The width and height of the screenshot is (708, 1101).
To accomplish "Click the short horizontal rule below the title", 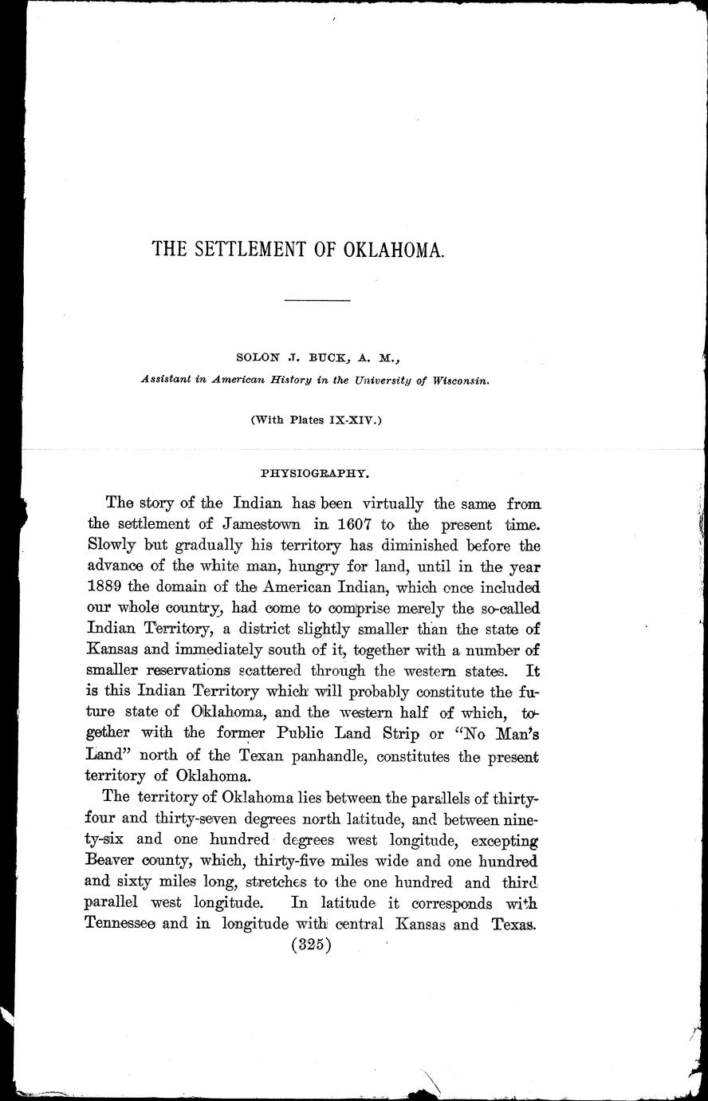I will (x=317, y=300).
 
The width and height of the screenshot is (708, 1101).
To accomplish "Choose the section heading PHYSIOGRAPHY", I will (x=317, y=472).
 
